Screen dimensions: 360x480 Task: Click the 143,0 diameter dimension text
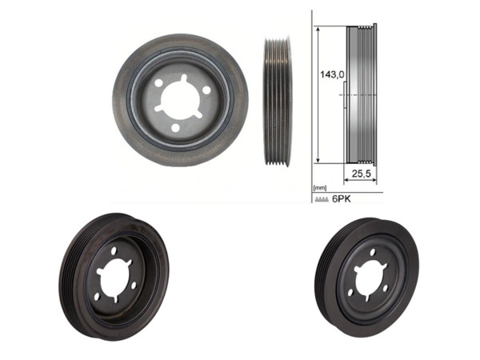pos(332,74)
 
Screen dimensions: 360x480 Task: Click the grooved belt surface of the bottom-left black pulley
pos(70,276)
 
